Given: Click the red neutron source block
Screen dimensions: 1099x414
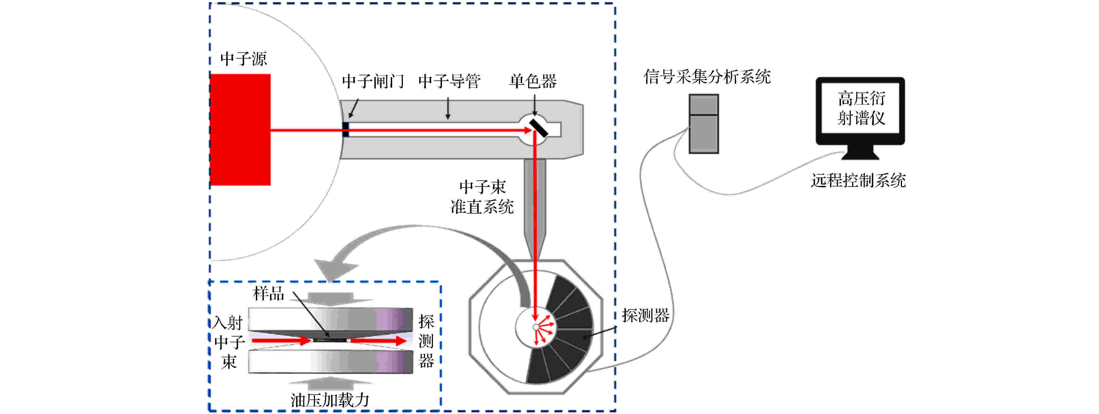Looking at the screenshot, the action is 241,130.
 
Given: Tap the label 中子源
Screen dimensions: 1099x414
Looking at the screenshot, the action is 244,59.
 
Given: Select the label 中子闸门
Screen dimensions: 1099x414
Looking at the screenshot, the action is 373,81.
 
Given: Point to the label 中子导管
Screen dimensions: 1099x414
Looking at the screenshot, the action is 449,81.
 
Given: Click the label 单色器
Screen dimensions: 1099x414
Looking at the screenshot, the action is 533,81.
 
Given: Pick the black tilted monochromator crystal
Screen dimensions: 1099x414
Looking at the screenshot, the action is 538,128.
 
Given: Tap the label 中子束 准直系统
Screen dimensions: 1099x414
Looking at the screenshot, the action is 482,197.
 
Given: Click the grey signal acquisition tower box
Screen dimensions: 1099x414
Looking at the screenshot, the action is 704,124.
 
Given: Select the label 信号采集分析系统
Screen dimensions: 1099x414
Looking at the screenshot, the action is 707,77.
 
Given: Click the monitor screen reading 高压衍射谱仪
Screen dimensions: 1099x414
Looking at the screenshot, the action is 861,108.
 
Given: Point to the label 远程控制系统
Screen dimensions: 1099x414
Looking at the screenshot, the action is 858,180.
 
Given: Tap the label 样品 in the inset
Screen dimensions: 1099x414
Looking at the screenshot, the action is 268,294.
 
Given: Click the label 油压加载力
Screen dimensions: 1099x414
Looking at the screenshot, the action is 330,400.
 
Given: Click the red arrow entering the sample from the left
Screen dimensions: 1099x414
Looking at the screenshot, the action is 282,340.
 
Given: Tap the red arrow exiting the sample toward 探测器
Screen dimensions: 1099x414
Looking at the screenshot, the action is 378,340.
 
